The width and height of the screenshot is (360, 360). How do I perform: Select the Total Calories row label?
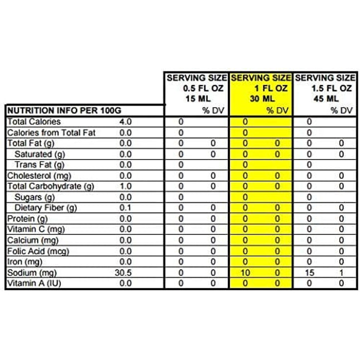point(34,122)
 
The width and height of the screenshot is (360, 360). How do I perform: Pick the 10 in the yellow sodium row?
point(246,273)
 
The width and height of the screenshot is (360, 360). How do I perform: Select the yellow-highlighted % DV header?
point(277,111)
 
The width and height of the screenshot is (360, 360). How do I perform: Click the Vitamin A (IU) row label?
point(33,284)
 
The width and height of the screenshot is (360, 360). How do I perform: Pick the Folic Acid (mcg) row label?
point(37,251)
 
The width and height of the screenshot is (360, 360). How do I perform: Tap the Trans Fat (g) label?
point(40,165)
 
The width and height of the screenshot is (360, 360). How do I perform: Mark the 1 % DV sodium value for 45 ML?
point(342,273)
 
